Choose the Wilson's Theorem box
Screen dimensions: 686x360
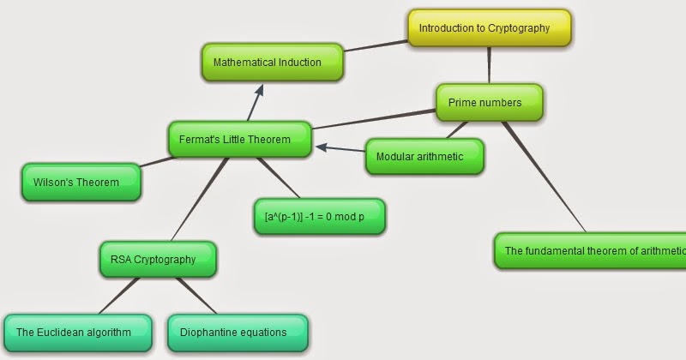(x=81, y=182)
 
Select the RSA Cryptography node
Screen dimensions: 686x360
(x=158, y=259)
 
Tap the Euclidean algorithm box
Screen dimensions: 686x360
(x=78, y=332)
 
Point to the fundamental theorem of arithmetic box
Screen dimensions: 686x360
(x=592, y=251)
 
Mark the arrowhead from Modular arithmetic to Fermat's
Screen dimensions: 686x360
(x=321, y=147)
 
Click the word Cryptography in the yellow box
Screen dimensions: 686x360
(x=518, y=28)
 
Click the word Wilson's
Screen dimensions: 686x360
(x=52, y=182)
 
